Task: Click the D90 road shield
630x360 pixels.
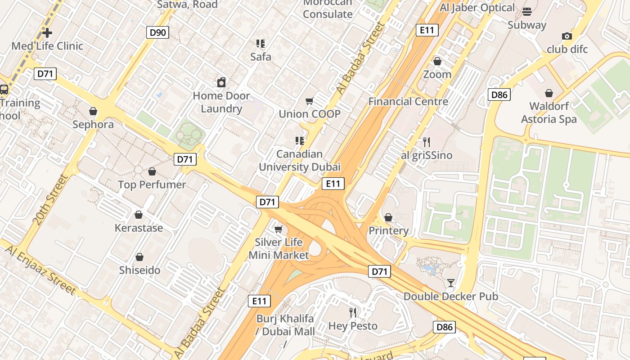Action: [157, 32]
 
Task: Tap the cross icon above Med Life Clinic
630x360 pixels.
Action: [47, 32]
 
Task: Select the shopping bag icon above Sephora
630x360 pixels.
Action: [93, 111]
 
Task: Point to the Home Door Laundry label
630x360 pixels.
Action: [221, 102]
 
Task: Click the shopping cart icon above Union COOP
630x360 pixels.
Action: [309, 101]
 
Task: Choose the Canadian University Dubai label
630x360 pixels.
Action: [300, 161]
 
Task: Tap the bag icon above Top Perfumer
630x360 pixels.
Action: [152, 171]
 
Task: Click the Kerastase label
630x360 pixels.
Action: [139, 228]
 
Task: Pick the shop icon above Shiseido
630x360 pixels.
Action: [139, 257]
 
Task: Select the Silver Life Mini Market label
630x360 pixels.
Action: [279, 248]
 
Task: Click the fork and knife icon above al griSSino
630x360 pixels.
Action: [427, 142]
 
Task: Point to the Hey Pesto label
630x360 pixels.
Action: [353, 326]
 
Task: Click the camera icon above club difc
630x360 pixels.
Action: [567, 36]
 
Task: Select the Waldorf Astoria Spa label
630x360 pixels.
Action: [549, 112]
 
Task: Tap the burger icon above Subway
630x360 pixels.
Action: [527, 11]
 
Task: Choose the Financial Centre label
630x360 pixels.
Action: [408, 101]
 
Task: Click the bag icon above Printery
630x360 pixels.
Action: [388, 217]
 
